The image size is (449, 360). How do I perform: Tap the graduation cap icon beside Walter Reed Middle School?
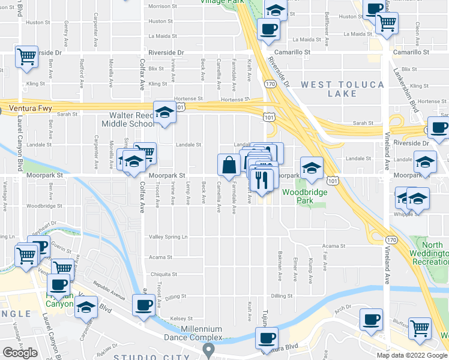[x=164, y=112]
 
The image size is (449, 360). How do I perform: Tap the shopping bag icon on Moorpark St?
[x=229, y=164]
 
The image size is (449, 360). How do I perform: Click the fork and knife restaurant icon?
[x=262, y=179]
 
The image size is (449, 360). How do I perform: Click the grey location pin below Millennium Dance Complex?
[x=208, y=349]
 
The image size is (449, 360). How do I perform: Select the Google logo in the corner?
[x=20, y=353]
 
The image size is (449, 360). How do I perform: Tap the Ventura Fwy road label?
[x=31, y=109]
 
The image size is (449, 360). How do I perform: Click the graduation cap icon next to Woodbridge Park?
[x=311, y=168]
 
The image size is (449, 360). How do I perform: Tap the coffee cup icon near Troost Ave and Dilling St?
[x=143, y=305]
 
